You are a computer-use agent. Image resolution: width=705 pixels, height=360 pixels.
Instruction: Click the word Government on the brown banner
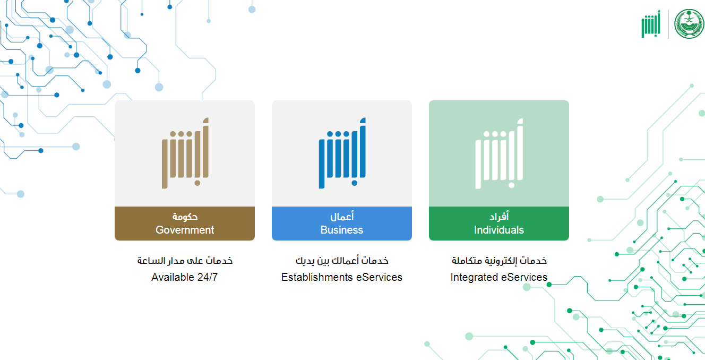(185, 230)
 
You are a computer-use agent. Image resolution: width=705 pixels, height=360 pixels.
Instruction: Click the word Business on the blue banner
(342, 230)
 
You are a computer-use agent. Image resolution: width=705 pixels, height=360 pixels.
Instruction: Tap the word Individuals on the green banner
(499, 230)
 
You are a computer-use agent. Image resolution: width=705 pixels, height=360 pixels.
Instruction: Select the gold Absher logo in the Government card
(185, 153)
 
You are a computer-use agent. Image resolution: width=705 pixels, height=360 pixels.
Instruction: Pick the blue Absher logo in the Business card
(342, 153)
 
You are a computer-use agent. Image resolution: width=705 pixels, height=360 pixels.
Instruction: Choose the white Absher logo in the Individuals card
(499, 153)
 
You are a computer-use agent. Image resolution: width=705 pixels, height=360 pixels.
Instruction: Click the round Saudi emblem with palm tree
(689, 24)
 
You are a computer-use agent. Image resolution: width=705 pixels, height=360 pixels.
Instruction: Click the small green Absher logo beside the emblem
(651, 24)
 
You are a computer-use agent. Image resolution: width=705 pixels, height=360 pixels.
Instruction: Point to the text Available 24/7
(184, 277)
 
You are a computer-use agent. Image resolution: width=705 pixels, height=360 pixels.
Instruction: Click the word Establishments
(317, 277)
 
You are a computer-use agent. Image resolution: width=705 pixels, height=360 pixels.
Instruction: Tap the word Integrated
(474, 278)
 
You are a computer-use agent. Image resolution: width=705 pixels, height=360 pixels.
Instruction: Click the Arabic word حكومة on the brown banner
(185, 217)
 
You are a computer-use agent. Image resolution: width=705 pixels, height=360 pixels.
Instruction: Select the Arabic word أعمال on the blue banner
(342, 216)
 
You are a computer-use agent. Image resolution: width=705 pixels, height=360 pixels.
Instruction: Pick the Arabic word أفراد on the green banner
(499, 216)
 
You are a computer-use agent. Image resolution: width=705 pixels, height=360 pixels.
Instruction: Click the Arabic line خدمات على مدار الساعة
(185, 261)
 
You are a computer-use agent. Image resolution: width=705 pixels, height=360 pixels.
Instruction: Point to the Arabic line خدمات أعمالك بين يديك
(342, 261)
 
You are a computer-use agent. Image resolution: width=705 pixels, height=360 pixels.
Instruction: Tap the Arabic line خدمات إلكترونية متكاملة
(499, 261)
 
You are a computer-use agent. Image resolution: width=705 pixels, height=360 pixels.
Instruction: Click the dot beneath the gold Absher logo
(197, 183)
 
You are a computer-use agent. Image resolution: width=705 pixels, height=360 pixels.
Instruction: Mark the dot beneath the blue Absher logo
(355, 183)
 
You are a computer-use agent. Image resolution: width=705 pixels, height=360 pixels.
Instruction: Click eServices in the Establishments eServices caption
(379, 277)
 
